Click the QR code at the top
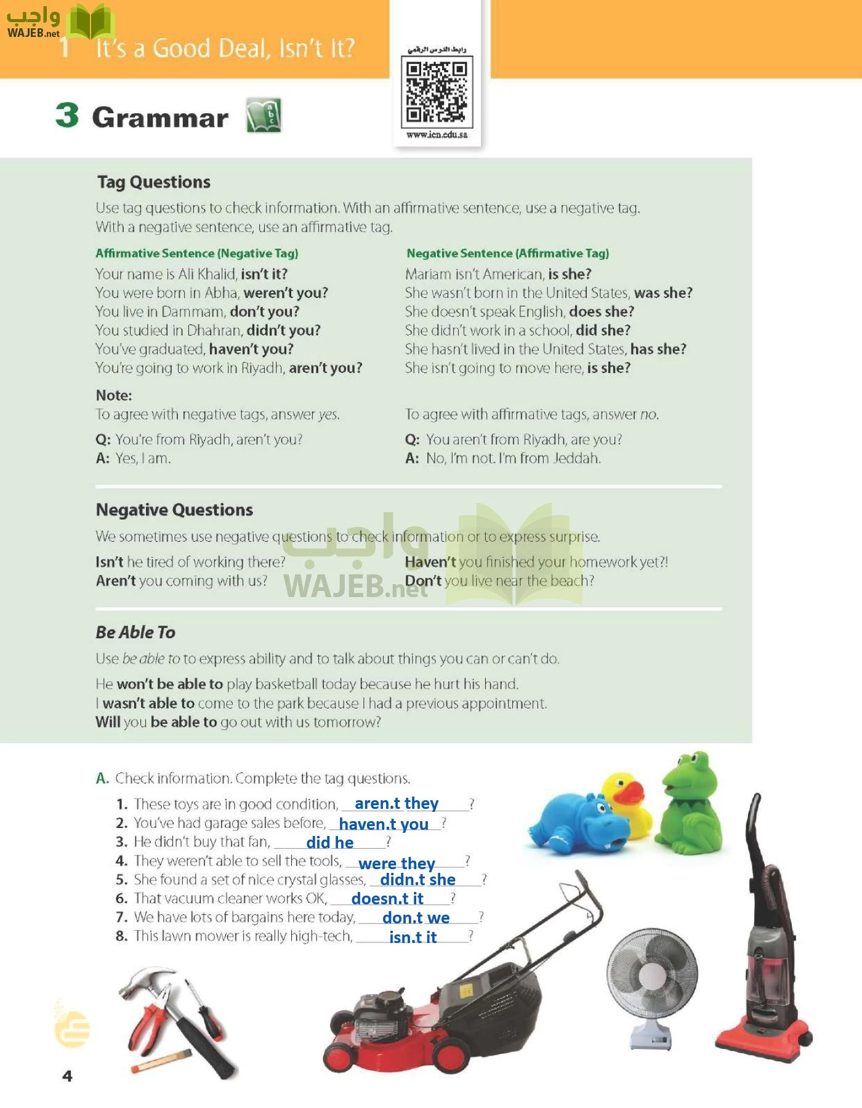point(437,90)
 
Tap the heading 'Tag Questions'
point(154,182)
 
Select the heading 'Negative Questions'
point(174,510)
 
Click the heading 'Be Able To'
point(135,632)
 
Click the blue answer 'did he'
point(330,842)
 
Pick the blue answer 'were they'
point(397,864)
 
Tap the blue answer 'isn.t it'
point(413,937)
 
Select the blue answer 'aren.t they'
point(397,803)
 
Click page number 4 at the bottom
point(68,1076)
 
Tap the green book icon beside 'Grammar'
point(264,115)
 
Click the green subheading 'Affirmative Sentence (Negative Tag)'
point(197,253)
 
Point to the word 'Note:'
point(114,395)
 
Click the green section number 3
point(67,115)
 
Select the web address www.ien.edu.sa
point(437,135)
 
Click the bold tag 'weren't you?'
point(286,292)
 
